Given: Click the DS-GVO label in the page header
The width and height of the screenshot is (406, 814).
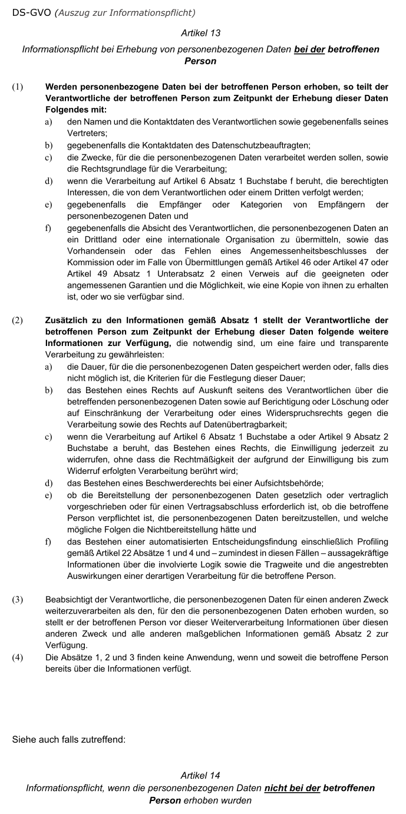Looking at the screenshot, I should click(31, 12).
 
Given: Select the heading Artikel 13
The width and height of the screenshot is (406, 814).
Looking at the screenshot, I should click(200, 33).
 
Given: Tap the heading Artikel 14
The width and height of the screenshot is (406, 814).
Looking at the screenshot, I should click(200, 775).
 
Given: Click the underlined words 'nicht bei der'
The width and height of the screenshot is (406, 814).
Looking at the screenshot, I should click(292, 788).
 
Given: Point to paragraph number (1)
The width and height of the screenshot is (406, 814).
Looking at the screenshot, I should click(18, 87).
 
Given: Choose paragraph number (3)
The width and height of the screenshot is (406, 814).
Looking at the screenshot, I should click(18, 599).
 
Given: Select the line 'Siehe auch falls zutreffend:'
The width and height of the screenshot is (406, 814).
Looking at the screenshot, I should click(69, 739).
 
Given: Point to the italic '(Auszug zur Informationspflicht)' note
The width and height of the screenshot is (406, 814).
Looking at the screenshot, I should click(125, 12).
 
